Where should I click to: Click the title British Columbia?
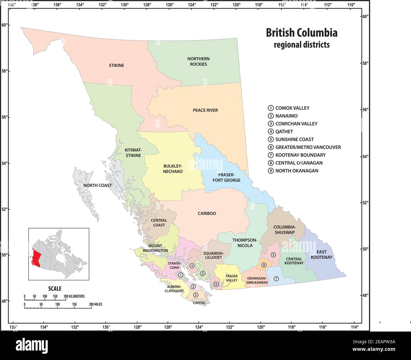click(301, 33)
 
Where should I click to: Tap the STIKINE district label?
click(116, 65)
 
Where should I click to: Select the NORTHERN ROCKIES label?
click(198, 61)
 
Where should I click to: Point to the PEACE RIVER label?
click(205, 110)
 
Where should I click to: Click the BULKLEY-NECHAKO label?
click(173, 168)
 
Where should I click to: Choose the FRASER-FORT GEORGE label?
click(226, 177)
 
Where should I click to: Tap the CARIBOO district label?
click(207, 213)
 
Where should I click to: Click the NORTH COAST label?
click(97, 185)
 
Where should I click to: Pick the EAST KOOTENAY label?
click(321, 254)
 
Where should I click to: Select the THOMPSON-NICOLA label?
click(245, 242)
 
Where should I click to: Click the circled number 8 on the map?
click(264, 265)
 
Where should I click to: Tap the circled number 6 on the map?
click(216, 284)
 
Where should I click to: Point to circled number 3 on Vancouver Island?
click(195, 295)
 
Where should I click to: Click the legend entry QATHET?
click(284, 131)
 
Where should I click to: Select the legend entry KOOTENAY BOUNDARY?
click(300, 155)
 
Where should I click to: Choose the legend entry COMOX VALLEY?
click(292, 108)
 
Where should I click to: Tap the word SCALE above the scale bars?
click(55, 288)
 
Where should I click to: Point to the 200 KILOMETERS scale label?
click(74, 296)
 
